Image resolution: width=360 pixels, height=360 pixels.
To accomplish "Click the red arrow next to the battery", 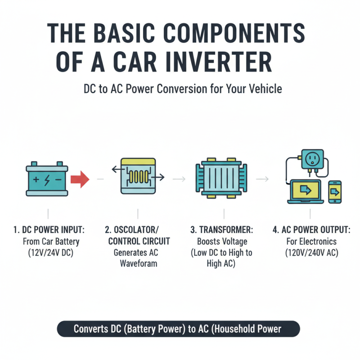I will [x=80, y=180].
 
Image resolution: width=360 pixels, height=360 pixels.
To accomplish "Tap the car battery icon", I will [x=48, y=179].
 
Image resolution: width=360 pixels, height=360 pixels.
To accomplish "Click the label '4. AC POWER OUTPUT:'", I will [x=311, y=230].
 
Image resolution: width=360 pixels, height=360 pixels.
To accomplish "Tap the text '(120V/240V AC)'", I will [x=311, y=252].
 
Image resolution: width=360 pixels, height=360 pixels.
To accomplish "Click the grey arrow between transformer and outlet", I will [x=262, y=179].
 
